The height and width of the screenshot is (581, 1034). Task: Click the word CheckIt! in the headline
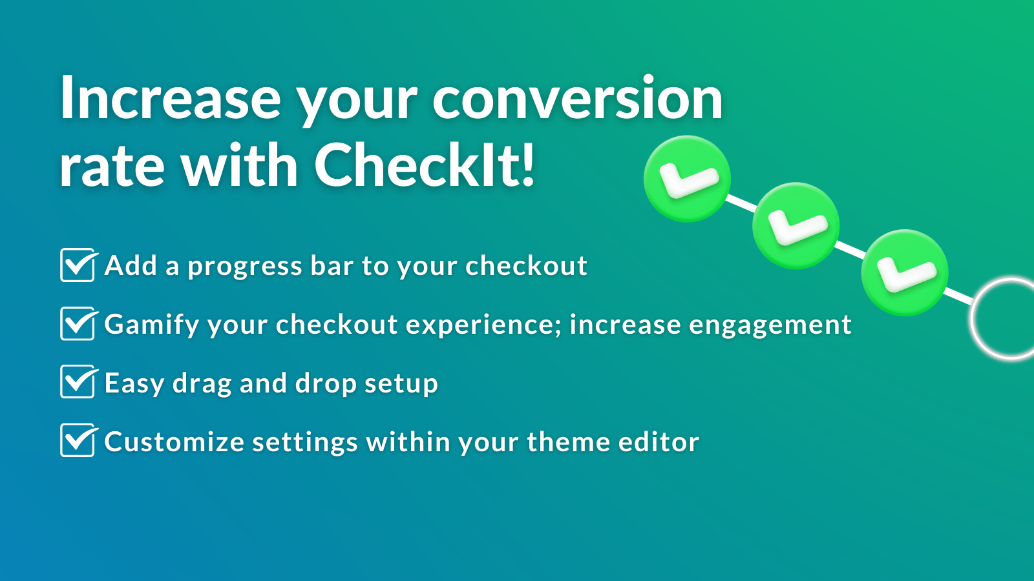coord(425,165)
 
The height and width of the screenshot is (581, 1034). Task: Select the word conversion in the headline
coord(577,99)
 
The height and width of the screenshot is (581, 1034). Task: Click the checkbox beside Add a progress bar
coord(78,265)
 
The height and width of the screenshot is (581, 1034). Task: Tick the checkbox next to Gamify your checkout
coord(78,324)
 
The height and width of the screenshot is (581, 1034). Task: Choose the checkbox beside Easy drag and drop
coord(78,382)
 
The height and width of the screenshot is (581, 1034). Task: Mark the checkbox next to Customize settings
coord(78,441)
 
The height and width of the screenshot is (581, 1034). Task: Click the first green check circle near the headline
coord(687,179)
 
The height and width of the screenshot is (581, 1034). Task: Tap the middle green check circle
coord(796,226)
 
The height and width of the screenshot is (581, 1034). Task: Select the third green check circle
coord(905,272)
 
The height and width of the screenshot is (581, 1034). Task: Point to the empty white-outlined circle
coord(1008,318)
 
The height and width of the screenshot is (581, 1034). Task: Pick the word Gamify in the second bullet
coord(152,325)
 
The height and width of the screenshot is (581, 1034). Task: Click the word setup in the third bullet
coord(401,384)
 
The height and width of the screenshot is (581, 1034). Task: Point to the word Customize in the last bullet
coord(174,442)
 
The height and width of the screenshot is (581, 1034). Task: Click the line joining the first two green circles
coord(741,203)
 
